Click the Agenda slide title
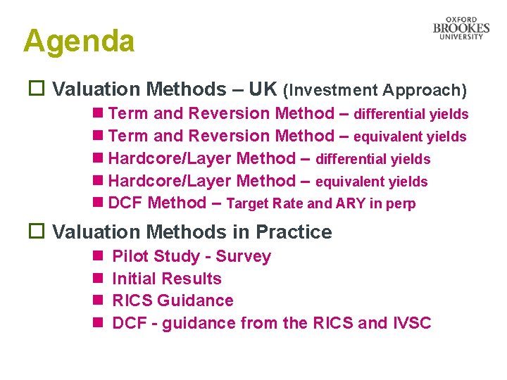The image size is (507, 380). coord(78,42)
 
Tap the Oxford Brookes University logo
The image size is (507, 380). coord(461,28)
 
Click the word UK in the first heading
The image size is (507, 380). coord(263,89)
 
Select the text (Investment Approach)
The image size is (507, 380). coord(375,90)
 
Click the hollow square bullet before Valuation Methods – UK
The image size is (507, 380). coord(35,89)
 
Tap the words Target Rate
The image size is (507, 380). coord(265,204)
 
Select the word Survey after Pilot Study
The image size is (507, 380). coord(244,256)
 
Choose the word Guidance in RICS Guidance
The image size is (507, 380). coord(195,300)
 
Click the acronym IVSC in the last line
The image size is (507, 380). coord(411,323)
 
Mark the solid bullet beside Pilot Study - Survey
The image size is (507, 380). coord(96,256)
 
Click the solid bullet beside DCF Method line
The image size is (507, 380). coord(96,203)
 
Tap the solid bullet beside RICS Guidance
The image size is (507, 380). coord(96,300)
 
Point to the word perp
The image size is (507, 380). coord(401,205)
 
